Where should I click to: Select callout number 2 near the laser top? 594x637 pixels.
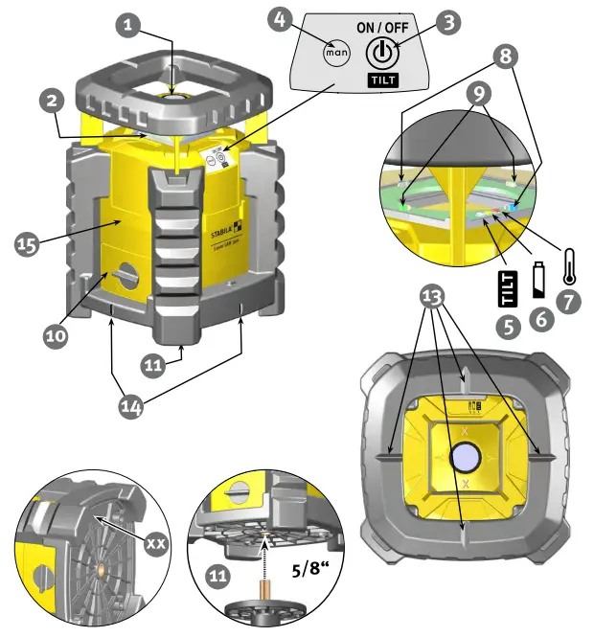pos(54,100)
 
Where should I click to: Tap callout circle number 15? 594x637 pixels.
pos(30,243)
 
